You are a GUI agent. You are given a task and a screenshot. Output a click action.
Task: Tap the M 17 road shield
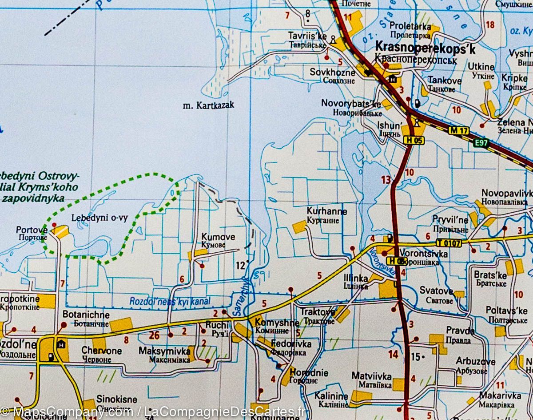(x=459, y=131)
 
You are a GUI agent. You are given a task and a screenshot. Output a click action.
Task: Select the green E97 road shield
(x=481, y=143)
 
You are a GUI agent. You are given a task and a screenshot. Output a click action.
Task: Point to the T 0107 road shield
(x=449, y=243)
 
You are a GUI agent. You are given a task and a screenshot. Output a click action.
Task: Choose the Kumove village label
(x=218, y=237)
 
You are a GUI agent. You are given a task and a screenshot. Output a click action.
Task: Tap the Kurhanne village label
(x=326, y=211)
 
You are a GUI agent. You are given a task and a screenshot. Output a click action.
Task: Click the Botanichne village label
(x=86, y=314)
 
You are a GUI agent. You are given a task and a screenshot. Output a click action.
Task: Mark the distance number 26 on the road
(x=154, y=335)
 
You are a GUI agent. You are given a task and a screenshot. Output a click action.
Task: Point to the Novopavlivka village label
(x=507, y=193)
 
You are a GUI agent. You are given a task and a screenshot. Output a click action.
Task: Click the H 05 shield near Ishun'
(x=414, y=141)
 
